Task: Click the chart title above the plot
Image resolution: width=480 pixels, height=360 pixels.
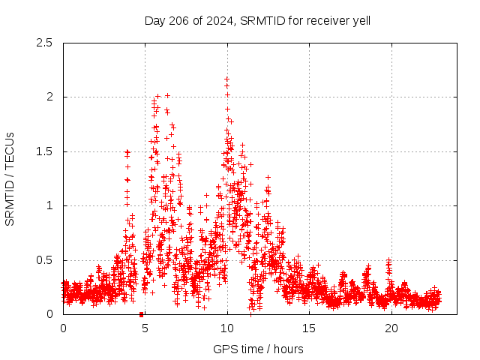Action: pos(257,20)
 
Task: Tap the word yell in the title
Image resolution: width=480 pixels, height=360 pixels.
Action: pos(359,21)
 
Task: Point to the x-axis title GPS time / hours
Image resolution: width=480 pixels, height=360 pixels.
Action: pos(258,349)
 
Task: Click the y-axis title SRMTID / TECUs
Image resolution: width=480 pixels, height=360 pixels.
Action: pos(10,178)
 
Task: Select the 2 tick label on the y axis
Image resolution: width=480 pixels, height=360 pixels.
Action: pos(49,97)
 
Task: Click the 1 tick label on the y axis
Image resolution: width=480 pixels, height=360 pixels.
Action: pos(49,205)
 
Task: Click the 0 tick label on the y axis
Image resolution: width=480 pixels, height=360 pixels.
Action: pos(49,314)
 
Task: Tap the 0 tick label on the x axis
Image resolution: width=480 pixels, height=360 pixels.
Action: pos(63,328)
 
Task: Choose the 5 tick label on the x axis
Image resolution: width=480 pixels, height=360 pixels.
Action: pos(145,328)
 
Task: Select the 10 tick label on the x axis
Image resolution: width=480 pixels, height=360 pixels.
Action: pos(227,328)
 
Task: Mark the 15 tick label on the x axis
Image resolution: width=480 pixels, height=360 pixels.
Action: pos(309,328)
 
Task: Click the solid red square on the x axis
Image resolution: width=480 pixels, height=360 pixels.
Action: pos(141,313)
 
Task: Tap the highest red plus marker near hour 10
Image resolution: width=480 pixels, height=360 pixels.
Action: pos(226,79)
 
